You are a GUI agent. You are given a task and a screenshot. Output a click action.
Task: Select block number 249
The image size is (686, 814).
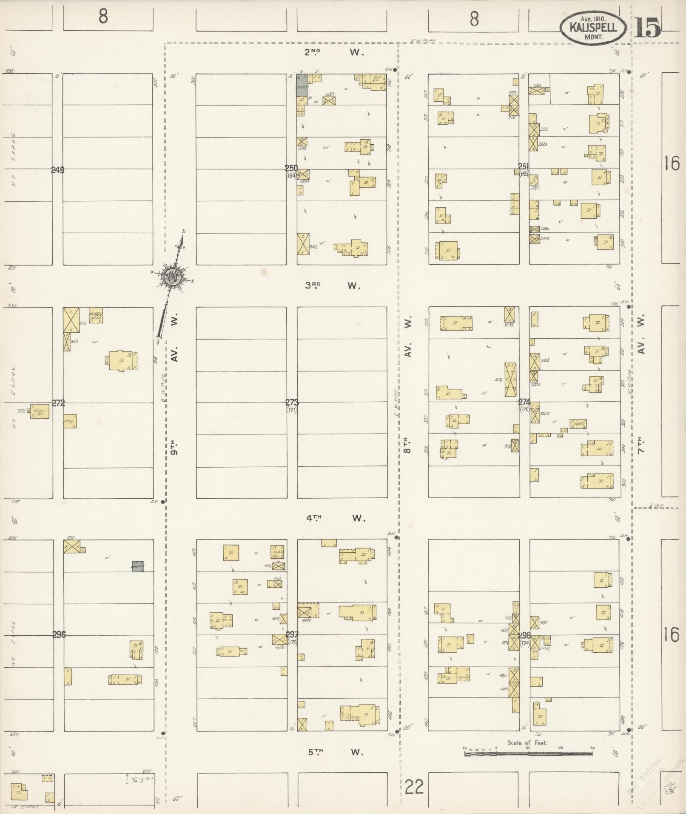tap(57, 170)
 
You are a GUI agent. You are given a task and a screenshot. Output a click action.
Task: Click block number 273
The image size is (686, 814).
tap(292, 403)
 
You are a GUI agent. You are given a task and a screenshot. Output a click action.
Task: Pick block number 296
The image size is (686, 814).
tap(59, 634)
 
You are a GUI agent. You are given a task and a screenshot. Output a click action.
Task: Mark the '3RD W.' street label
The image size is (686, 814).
tap(332, 286)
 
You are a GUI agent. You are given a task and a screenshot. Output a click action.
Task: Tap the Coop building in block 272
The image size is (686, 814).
tap(70, 421)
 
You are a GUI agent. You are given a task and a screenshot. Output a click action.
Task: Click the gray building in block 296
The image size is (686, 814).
tap(137, 566)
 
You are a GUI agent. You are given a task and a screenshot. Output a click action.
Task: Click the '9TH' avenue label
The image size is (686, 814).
tap(174, 447)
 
